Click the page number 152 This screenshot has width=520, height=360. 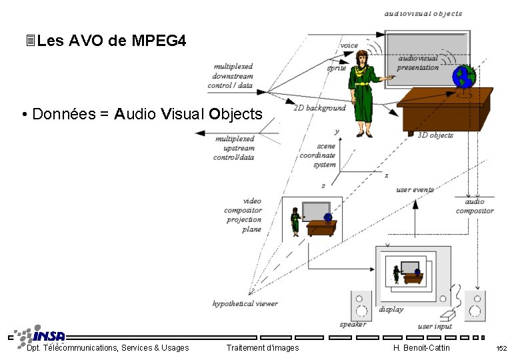coord(501,349)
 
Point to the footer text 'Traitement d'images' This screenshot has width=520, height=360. coord(263,348)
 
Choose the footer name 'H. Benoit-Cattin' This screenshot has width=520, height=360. coord(422,348)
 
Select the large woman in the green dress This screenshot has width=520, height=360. coord(363,93)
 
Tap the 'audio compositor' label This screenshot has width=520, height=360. coord(475,206)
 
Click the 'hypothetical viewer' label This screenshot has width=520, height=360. coord(245,304)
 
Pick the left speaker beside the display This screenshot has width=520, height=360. coord(361,306)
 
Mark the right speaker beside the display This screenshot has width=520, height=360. coord(475,306)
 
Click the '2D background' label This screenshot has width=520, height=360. coord(320,108)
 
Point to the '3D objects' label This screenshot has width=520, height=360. coord(435,135)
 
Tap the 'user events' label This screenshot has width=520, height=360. coord(415,190)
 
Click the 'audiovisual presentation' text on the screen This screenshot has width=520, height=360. coord(418,63)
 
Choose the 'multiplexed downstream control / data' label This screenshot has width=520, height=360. coord(233,76)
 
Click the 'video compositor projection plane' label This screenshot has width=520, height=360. coord(243,215)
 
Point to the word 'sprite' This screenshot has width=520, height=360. coord(337,68)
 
